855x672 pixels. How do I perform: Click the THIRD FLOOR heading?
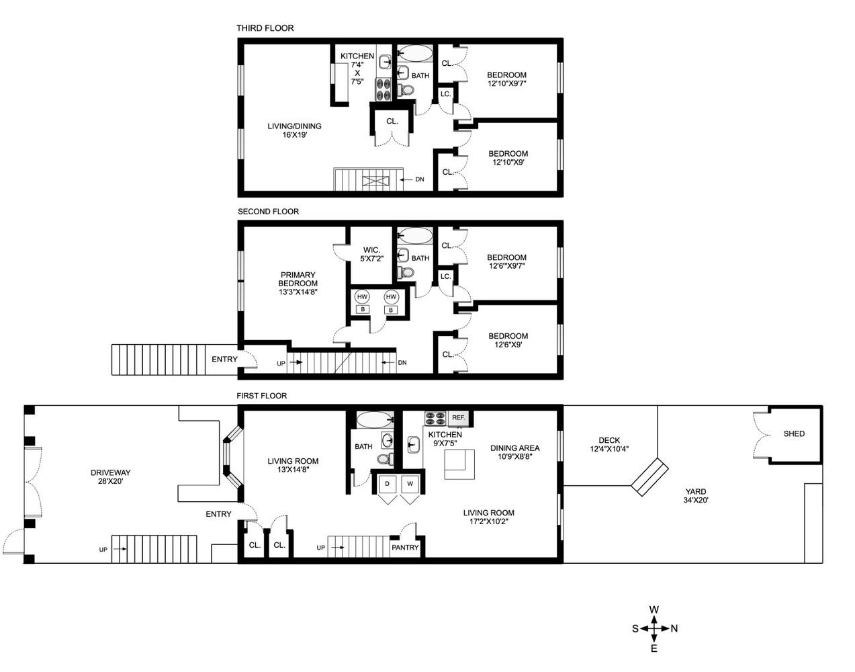[265, 28]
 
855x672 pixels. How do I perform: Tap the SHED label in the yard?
[794, 433]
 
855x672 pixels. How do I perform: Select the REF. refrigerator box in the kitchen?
[459, 417]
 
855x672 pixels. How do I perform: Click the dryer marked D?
[387, 484]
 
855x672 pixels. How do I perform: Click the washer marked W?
[410, 484]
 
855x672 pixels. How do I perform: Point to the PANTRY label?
[405, 548]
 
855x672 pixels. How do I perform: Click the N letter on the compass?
[674, 629]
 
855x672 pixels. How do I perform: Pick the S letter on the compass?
[635, 629]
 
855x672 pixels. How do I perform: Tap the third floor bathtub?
[416, 53]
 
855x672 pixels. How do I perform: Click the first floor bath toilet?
[385, 459]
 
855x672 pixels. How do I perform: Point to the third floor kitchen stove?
[384, 86]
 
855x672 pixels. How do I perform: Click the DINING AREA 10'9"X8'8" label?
[514, 452]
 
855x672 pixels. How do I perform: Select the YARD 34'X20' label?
[695, 495]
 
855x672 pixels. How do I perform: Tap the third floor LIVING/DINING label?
[294, 130]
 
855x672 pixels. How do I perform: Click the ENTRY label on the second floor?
[224, 360]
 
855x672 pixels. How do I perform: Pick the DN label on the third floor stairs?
[419, 179]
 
